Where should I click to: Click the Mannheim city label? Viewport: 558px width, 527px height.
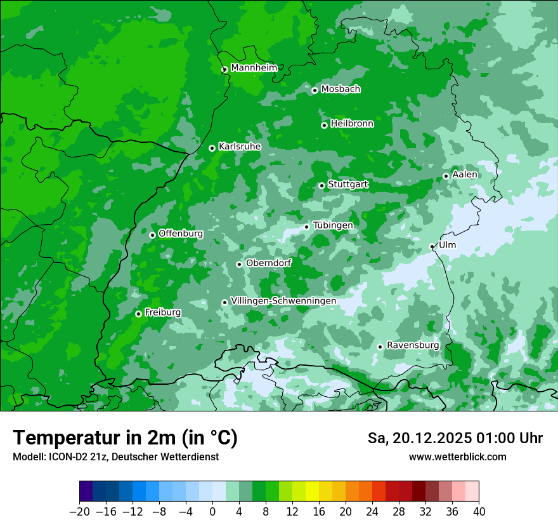(x=254, y=68)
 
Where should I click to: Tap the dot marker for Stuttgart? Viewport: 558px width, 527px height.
(x=321, y=185)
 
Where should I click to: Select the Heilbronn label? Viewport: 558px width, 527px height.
(x=352, y=124)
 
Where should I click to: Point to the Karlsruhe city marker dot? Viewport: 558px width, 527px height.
(x=212, y=148)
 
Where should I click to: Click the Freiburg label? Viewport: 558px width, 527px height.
(x=163, y=312)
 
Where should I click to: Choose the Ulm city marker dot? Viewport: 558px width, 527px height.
(x=432, y=246)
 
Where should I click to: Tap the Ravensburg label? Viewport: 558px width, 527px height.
(x=413, y=345)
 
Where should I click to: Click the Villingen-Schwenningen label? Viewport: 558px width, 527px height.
(x=283, y=301)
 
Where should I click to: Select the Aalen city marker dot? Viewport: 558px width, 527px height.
(x=446, y=176)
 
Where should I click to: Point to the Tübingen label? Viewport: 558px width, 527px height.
(x=333, y=225)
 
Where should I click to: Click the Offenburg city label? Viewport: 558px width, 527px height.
(x=181, y=234)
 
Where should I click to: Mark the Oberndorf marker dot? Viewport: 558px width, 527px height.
(x=239, y=264)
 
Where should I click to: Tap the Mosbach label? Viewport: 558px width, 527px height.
(x=341, y=90)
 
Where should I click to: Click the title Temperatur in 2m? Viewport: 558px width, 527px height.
(x=125, y=438)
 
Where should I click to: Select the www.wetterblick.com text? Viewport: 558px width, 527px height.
(x=458, y=457)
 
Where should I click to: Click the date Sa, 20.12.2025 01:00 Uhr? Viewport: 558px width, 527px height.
(x=455, y=438)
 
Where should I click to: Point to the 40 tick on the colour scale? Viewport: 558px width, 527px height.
(x=479, y=512)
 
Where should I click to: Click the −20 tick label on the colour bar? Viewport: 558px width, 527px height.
(x=79, y=512)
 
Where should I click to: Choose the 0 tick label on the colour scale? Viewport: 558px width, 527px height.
(x=212, y=512)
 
